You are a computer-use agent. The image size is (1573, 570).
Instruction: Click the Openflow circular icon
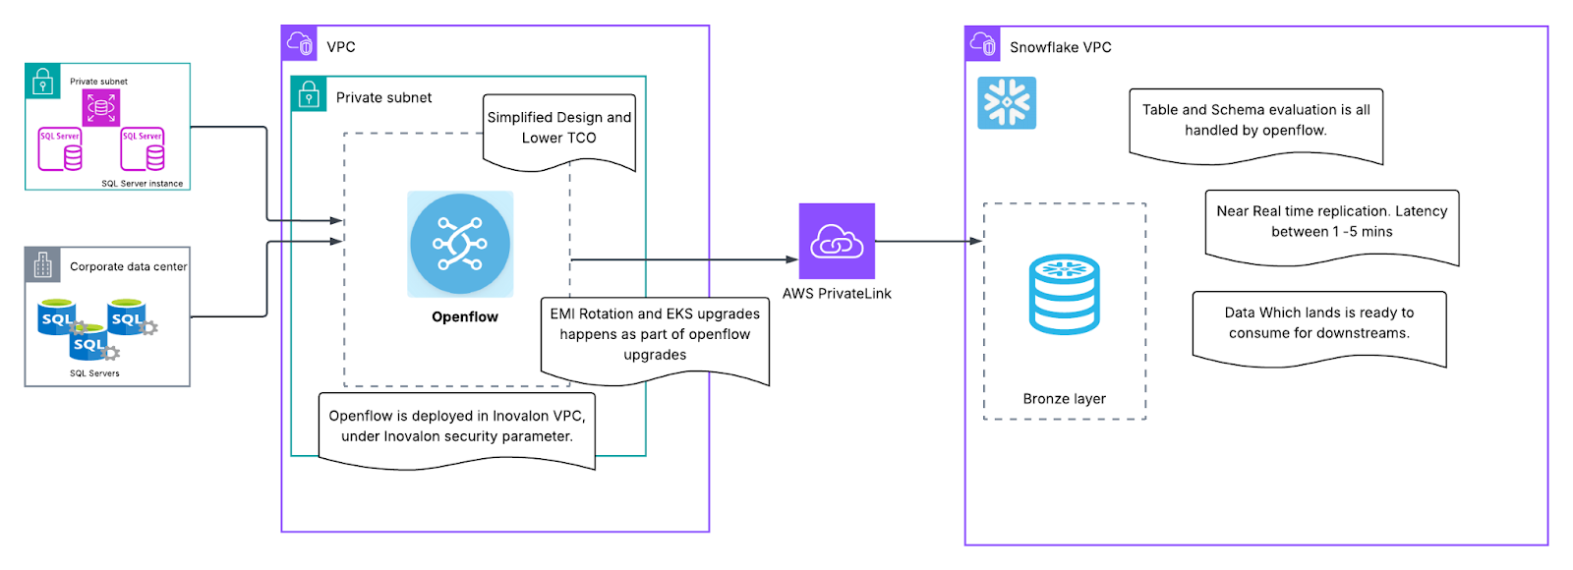click(x=460, y=244)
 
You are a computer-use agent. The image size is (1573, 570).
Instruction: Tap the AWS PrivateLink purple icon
click(x=837, y=241)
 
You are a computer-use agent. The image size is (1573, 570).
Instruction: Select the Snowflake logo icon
click(x=1007, y=103)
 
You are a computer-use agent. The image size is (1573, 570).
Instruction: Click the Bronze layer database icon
click(x=1064, y=295)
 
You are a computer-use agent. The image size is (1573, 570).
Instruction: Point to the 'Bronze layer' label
click(x=1064, y=399)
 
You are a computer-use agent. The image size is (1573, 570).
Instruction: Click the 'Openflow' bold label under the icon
click(x=465, y=316)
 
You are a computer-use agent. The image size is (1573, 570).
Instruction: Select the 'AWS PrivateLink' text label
click(x=837, y=294)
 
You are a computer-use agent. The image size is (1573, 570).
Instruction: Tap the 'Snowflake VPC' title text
click(x=1060, y=47)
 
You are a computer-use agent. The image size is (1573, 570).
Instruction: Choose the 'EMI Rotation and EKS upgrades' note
click(x=655, y=334)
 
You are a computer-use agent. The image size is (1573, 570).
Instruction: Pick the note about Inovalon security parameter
click(x=457, y=427)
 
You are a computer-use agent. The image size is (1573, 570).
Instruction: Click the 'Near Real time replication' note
click(x=1331, y=222)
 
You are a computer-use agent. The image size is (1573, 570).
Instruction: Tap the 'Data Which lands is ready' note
click(x=1318, y=323)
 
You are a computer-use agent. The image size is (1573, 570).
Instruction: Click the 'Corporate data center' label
click(x=128, y=266)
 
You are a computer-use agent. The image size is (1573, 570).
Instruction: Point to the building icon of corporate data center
click(x=42, y=264)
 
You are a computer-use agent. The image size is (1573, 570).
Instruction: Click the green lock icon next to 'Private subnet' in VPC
click(x=309, y=94)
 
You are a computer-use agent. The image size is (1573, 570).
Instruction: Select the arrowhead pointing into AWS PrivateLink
click(x=792, y=259)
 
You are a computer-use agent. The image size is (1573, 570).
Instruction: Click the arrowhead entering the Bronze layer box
click(x=976, y=241)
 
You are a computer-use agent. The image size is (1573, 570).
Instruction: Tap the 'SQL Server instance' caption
click(x=143, y=184)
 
